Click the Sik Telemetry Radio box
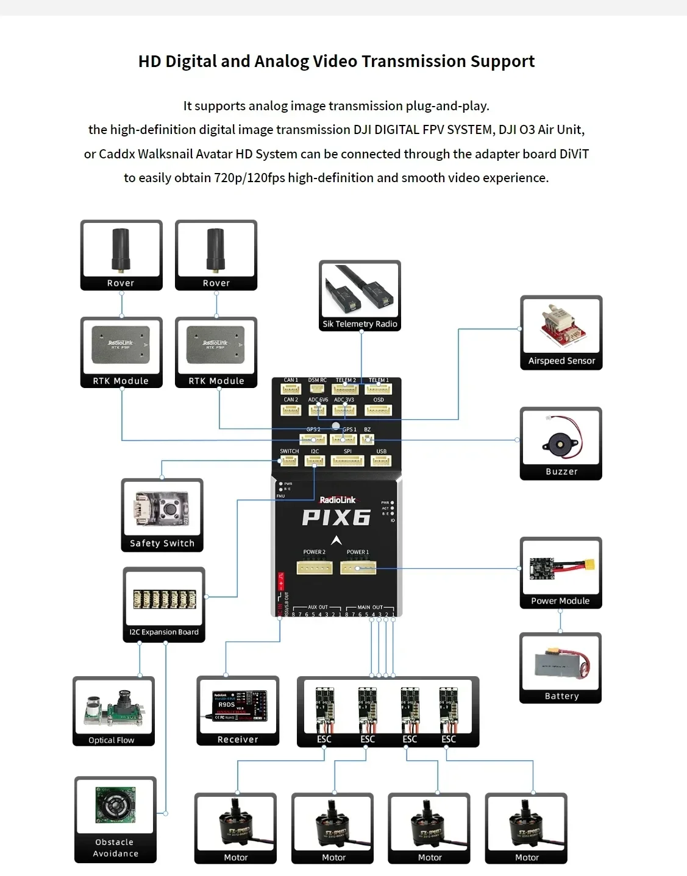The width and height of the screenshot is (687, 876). click(x=360, y=295)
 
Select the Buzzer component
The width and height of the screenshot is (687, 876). click(x=561, y=443)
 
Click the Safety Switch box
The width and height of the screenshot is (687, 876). click(x=162, y=515)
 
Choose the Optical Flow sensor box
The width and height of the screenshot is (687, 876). click(x=113, y=711)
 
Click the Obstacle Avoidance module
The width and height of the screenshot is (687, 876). click(x=115, y=819)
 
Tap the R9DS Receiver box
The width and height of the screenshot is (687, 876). click(x=238, y=710)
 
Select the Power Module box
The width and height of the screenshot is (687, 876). click(x=561, y=573)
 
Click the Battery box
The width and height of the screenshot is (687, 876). click(x=560, y=668)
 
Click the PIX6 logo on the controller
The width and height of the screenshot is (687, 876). click(x=336, y=518)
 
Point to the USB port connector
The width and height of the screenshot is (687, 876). click(x=381, y=461)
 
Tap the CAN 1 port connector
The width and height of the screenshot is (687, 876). click(x=291, y=389)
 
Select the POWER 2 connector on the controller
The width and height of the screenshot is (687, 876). click(x=315, y=568)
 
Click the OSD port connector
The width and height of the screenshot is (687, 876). click(x=379, y=409)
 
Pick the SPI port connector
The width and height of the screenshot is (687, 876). click(x=347, y=461)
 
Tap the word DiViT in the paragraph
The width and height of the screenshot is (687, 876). click(x=574, y=154)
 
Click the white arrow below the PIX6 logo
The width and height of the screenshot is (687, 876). click(x=336, y=540)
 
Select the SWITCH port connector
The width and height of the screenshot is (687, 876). click(x=289, y=461)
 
